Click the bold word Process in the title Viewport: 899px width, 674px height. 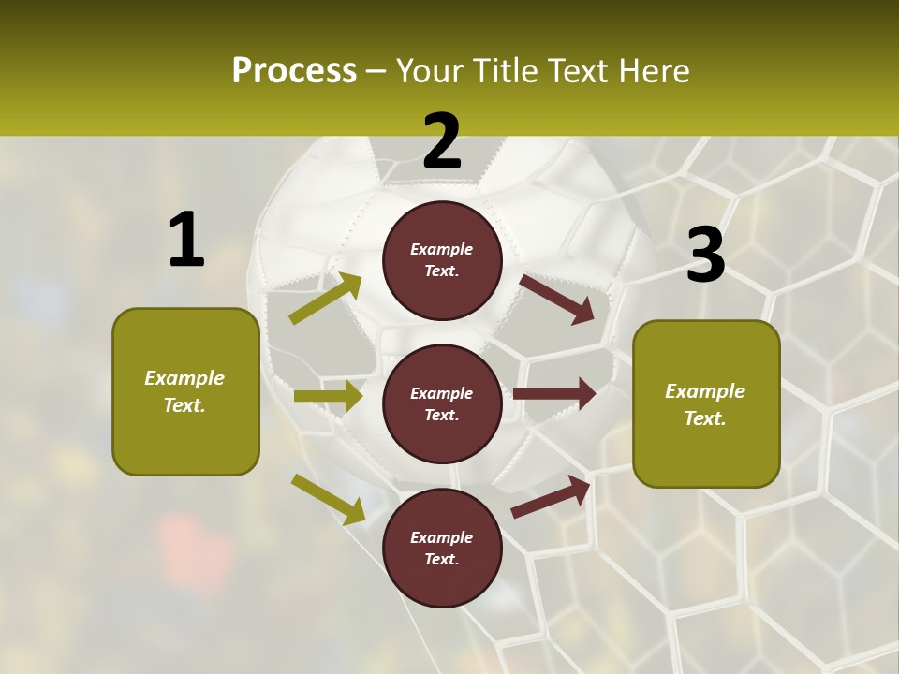tap(294, 71)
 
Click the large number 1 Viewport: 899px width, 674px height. tap(186, 240)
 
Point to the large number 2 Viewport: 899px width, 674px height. tap(442, 140)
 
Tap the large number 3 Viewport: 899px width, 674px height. tap(705, 255)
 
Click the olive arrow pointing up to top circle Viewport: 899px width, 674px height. tap(326, 299)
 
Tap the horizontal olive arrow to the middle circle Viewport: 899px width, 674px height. tap(328, 396)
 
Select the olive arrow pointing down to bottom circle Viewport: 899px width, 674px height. tap(328, 499)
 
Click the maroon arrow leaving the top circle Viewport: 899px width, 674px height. tap(557, 299)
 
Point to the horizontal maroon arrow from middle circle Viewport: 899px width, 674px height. tap(554, 394)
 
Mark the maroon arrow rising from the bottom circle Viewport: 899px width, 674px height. tap(551, 496)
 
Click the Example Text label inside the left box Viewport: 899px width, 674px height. tap(184, 391)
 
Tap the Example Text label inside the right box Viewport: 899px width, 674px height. tap(705, 404)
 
